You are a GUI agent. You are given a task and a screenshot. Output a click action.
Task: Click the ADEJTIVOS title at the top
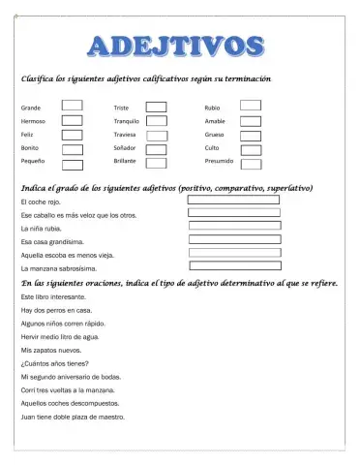click(178, 46)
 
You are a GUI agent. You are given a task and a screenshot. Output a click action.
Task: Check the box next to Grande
click(72, 107)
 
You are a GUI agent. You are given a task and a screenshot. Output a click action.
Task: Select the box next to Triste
click(157, 108)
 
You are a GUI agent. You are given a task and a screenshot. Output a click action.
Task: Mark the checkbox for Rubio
click(251, 106)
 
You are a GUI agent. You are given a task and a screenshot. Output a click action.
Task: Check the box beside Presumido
click(251, 164)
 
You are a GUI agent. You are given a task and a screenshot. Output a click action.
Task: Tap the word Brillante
click(128, 163)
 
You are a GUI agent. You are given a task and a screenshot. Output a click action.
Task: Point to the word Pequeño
click(36, 163)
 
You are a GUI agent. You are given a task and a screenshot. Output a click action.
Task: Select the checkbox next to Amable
click(251, 121)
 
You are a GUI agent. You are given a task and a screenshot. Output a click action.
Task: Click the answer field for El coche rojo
click(233, 200)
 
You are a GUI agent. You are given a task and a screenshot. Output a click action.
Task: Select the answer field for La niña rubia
click(233, 226)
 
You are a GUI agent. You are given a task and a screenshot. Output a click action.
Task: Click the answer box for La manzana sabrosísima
click(233, 265)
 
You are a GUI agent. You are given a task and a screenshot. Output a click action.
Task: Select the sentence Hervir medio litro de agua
click(60, 336)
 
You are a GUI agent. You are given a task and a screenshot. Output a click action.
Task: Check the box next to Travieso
click(157, 136)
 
